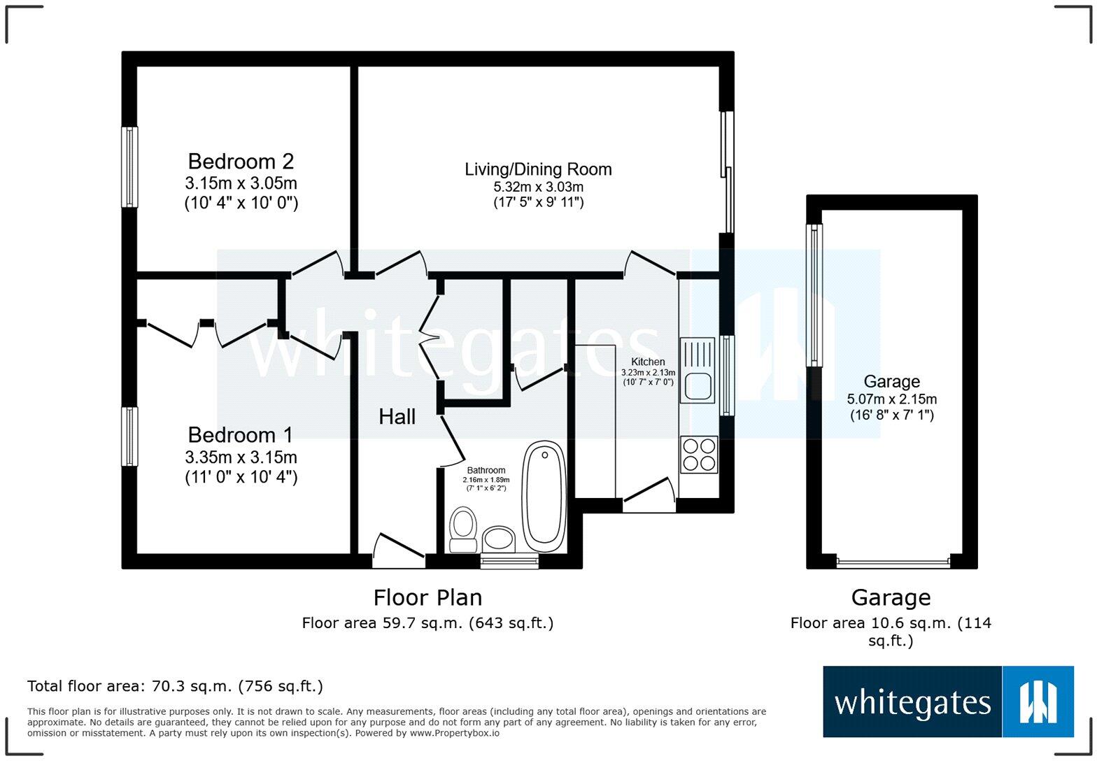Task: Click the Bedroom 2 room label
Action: (241, 162)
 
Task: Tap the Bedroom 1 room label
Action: (241, 435)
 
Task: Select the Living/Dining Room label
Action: (538, 169)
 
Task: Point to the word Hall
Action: (397, 417)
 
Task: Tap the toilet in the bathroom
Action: (462, 529)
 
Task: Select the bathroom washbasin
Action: (499, 539)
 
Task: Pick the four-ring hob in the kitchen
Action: (698, 455)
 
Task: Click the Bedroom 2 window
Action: (129, 166)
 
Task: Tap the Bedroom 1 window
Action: (129, 436)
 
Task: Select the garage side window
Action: (814, 294)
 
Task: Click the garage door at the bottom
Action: (893, 562)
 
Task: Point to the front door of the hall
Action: (398, 553)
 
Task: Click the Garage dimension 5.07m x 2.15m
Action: (891, 399)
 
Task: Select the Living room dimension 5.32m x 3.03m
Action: (538, 187)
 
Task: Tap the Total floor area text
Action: (175, 686)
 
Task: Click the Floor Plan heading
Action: (427, 597)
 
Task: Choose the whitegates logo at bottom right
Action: (948, 702)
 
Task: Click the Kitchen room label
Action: (648, 362)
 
